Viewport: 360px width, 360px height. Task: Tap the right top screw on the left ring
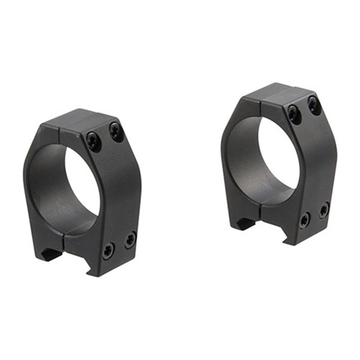[116, 132]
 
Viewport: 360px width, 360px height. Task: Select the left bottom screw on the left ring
[108, 250]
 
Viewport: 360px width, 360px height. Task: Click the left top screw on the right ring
[294, 113]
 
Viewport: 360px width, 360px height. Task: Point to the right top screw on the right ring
[314, 105]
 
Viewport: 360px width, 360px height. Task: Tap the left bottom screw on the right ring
[304, 219]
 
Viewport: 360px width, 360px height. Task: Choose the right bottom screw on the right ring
[324, 209]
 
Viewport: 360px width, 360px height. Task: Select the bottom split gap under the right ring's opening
[262, 209]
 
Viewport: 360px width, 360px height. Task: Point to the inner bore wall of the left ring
[49, 184]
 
